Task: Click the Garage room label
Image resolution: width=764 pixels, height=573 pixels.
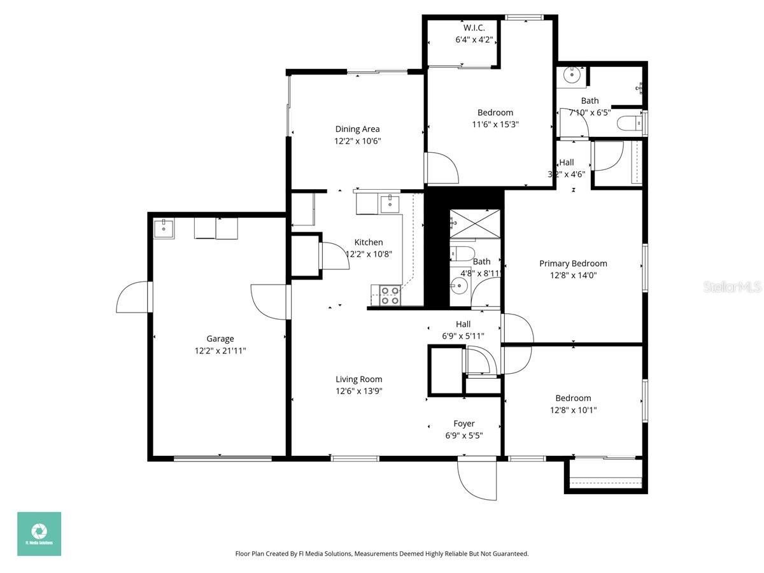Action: (x=220, y=339)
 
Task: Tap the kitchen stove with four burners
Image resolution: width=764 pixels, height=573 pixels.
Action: (x=390, y=295)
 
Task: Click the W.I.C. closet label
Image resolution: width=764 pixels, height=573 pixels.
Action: (x=474, y=27)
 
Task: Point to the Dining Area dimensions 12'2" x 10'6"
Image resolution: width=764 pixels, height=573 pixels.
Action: (x=357, y=141)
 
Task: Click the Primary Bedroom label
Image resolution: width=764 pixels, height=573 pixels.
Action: (x=573, y=264)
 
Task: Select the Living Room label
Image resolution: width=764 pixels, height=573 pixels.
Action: (x=359, y=379)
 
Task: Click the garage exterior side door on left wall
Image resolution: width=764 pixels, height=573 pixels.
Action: (x=134, y=297)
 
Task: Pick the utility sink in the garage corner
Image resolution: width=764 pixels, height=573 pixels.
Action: (x=164, y=228)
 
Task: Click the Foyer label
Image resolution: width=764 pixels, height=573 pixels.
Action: (x=463, y=423)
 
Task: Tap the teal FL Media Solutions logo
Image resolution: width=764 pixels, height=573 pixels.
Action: (x=39, y=534)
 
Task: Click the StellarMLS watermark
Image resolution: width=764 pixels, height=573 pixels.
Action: (x=732, y=287)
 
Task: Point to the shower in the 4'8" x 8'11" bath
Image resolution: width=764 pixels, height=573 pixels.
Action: (x=474, y=222)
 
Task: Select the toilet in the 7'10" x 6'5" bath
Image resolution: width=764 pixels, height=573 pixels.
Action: (x=631, y=123)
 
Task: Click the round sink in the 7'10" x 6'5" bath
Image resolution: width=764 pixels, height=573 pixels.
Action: (x=572, y=75)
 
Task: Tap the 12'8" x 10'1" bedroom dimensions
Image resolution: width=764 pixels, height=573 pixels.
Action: (x=573, y=410)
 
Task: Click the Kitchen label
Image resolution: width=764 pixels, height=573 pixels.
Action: (x=369, y=242)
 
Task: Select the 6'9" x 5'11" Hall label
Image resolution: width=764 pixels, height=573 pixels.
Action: (x=463, y=324)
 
